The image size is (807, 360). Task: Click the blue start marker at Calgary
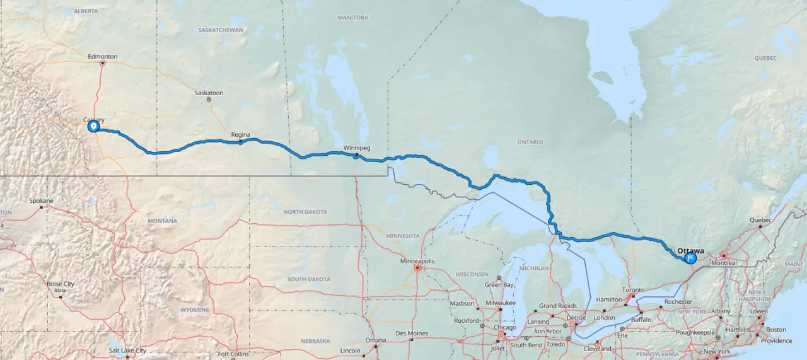click(x=93, y=127)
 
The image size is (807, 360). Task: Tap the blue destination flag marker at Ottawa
click(x=690, y=257)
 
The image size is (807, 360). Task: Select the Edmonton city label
click(x=103, y=57)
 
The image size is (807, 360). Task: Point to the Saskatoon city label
click(x=209, y=93)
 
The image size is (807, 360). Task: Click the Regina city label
click(x=241, y=135)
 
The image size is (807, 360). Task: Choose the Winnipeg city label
click(x=357, y=148)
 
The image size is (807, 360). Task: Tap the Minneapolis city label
click(x=417, y=260)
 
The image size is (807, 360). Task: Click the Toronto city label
click(x=634, y=290)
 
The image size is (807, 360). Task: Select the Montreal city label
click(x=723, y=263)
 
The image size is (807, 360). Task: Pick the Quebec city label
click(x=760, y=220)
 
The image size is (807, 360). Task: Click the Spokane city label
click(x=42, y=201)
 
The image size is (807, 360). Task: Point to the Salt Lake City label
click(x=127, y=351)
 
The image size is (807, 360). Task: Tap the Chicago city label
click(x=504, y=327)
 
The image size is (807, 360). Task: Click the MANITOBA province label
click(x=352, y=18)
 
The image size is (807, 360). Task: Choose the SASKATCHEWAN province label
click(x=221, y=30)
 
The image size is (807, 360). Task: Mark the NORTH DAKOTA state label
click(x=306, y=212)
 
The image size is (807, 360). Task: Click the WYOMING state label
click(x=195, y=310)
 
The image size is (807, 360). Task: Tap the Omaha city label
click(x=375, y=341)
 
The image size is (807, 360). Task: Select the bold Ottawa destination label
click(x=690, y=250)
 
